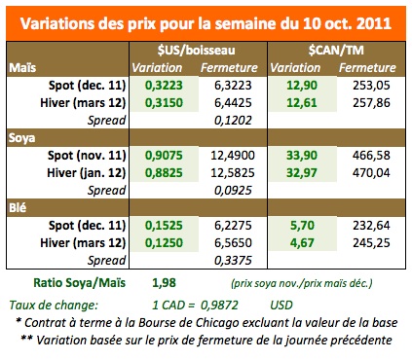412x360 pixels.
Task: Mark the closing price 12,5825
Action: pyautogui.click(x=231, y=172)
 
